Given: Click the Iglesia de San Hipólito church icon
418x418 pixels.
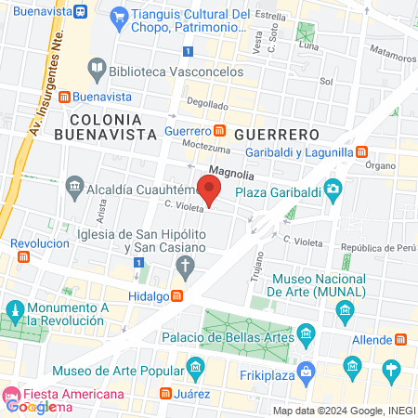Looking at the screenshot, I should click(186, 268).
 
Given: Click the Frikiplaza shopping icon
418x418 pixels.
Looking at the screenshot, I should click(351, 366).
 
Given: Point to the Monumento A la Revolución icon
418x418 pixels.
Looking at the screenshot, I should click(14, 309).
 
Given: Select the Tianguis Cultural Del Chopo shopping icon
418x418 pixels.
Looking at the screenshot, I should click(118, 16).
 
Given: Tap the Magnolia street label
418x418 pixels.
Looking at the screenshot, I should click(232, 171).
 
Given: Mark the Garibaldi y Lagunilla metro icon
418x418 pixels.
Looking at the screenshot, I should click(362, 150).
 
